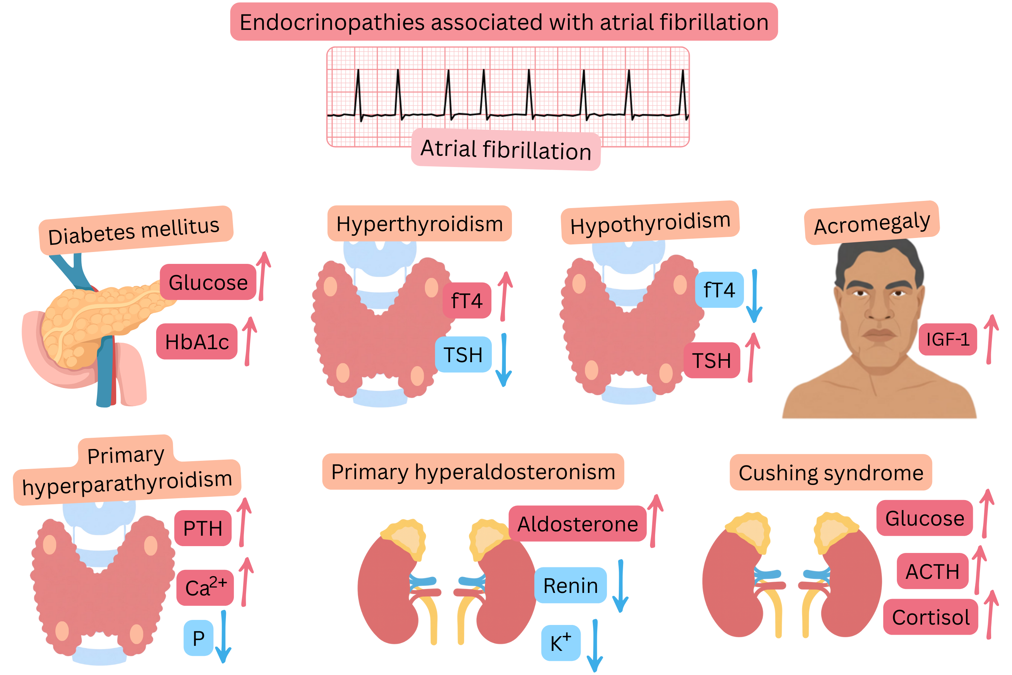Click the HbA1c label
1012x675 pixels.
tap(196, 342)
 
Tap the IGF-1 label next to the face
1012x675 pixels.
tap(948, 339)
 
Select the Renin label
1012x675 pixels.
tap(570, 586)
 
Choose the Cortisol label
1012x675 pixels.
tap(930, 617)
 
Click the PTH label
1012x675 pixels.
tap(203, 528)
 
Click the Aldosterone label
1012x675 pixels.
tap(577, 524)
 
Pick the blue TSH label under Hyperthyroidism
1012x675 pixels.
tap(463, 355)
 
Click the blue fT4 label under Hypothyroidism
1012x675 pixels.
tap(719, 290)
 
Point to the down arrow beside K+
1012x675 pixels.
tap(595, 646)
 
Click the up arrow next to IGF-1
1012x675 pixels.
tap(990, 339)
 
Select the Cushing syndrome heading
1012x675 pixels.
tap(831, 473)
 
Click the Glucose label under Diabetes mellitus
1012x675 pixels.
tap(208, 282)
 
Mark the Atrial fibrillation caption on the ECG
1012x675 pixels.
tap(506, 149)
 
